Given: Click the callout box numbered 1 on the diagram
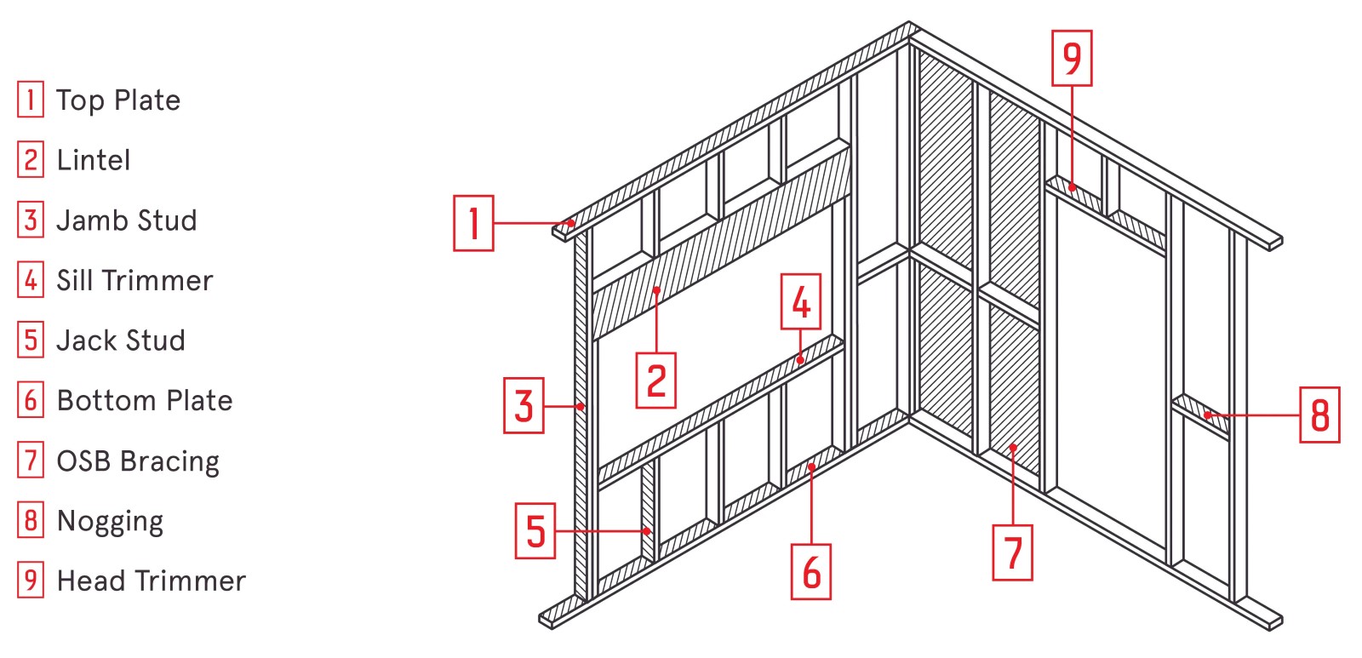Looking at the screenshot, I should coord(473,223).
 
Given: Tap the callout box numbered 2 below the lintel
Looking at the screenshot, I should coord(656,380).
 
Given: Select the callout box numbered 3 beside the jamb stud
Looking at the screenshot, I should coord(524,406).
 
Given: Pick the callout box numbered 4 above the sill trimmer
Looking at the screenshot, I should coord(801,301).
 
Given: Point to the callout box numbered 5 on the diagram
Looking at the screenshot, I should coord(535,531).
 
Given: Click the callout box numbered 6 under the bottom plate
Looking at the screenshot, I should coord(811,571).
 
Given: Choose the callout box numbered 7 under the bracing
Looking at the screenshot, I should coord(1013,552).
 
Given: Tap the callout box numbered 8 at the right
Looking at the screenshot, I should coord(1319,415).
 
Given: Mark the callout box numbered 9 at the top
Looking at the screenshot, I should coord(1072,58).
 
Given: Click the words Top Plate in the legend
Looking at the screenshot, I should coord(118,100).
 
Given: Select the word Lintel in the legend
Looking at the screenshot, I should coord(94,160).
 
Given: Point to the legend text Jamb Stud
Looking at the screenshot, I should coord(127,220).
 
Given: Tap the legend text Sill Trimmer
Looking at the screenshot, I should coord(134,280).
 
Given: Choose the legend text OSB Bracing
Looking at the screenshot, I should coord(138,461).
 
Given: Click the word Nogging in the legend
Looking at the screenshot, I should coord(110,521).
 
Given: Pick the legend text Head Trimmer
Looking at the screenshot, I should coord(151,581).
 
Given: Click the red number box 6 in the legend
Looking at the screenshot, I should coord(31,400).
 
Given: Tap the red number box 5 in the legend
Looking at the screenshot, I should coord(31,340).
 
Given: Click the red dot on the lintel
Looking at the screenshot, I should coord(656,290).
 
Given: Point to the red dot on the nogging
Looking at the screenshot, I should coord(1208,415).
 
